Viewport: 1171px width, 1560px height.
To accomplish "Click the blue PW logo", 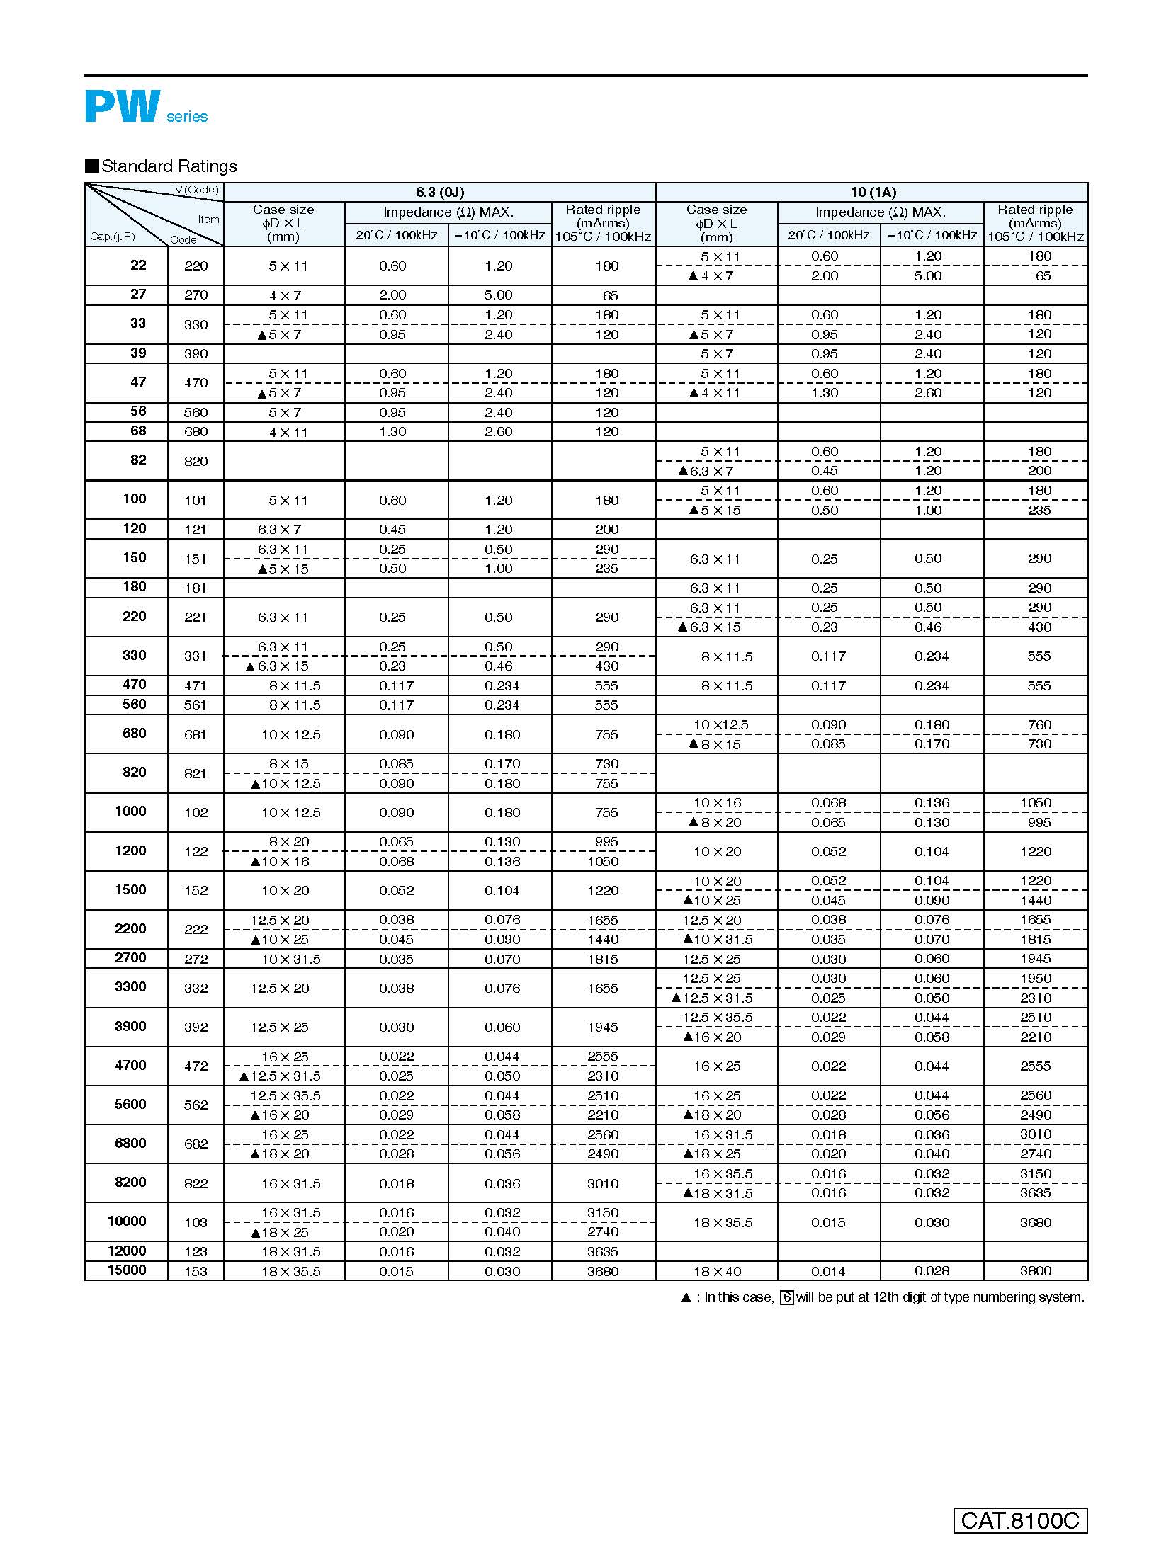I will pyautogui.click(x=123, y=106).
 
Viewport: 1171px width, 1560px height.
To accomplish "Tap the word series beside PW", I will pyautogui.click(x=187, y=117).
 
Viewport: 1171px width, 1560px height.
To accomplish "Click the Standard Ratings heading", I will pyautogui.click(x=169, y=166).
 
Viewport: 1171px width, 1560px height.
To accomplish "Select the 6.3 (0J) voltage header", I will pyautogui.click(x=440, y=192).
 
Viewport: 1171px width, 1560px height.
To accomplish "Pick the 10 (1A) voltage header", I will pyautogui.click(x=873, y=192).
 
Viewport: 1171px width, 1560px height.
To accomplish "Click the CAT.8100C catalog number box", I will pyautogui.click(x=1020, y=1520).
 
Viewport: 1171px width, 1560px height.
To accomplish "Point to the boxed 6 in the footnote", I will pyautogui.click(x=786, y=1297).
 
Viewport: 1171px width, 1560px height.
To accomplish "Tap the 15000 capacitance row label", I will pyautogui.click(x=127, y=1270).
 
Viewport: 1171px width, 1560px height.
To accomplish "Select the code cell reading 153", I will pyautogui.click(x=196, y=1271).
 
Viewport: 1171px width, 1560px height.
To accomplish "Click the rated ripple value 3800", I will pyautogui.click(x=1035, y=1271).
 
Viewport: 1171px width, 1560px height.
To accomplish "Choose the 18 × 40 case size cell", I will pyautogui.click(x=717, y=1271).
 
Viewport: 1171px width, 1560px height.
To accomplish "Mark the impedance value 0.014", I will pyautogui.click(x=828, y=1271).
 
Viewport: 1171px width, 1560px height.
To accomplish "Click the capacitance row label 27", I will pyautogui.click(x=138, y=294).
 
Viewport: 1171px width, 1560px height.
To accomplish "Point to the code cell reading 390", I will pyautogui.click(x=196, y=354).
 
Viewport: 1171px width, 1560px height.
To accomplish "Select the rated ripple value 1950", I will pyautogui.click(x=1035, y=978).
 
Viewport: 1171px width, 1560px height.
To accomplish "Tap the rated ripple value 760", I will pyautogui.click(x=1039, y=724).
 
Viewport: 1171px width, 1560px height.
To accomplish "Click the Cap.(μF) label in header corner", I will pyautogui.click(x=112, y=237).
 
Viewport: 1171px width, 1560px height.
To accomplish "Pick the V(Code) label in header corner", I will pyautogui.click(x=197, y=190).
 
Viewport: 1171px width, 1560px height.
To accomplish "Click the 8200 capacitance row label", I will pyautogui.click(x=130, y=1182).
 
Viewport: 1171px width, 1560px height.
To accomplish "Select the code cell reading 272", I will pyautogui.click(x=196, y=959).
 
